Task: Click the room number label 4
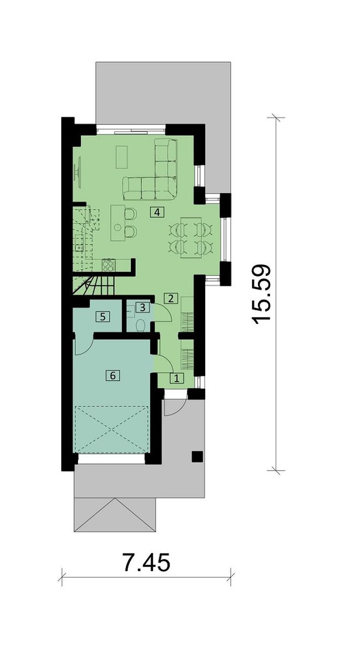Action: pyautogui.click(x=157, y=212)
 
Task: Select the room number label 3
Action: pyautogui.click(x=142, y=308)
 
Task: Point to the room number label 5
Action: pyautogui.click(x=103, y=317)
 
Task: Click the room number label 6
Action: pyautogui.click(x=113, y=376)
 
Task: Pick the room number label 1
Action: pyautogui.click(x=177, y=378)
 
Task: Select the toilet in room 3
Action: pyautogui.click(x=141, y=326)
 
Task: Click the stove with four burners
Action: pyautogui.click(x=109, y=265)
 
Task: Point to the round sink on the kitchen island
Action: pyautogui.click(x=118, y=227)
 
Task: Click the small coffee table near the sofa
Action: pyautogui.click(x=122, y=157)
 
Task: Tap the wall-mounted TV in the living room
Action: pyautogui.click(x=78, y=172)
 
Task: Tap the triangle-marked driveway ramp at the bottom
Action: pyautogui.click(x=115, y=515)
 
